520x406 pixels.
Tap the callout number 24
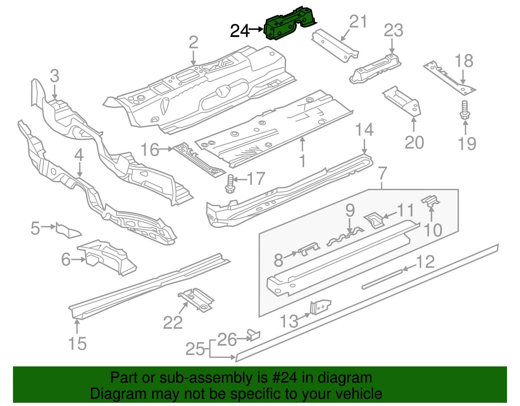(x=240, y=31)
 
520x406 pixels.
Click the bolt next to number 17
(x=230, y=183)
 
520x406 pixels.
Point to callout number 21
(x=358, y=22)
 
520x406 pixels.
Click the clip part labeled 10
(x=431, y=201)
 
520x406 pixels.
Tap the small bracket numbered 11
(x=374, y=220)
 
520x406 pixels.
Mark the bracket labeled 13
(x=320, y=307)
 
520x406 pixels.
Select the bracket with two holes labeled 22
(x=196, y=299)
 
